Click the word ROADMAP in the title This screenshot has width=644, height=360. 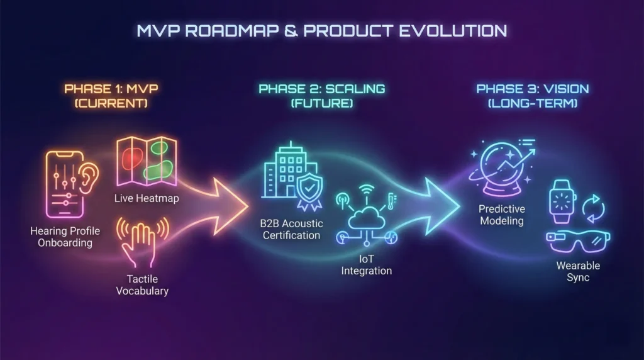tap(231, 31)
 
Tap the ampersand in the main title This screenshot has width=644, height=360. tap(291, 31)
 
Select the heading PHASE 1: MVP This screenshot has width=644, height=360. tap(111, 89)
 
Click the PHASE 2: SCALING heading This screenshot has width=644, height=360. tap(321, 89)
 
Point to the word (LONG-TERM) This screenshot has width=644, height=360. tap(533, 103)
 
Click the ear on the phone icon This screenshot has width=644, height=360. tap(89, 178)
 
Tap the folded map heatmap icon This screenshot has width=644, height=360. tap(147, 161)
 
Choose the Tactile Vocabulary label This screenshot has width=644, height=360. tap(142, 285)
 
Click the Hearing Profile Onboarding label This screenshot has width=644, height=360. tap(65, 237)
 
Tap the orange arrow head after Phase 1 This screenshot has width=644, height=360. tap(230, 206)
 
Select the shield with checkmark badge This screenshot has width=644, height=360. tap(309, 191)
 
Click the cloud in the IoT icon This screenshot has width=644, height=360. tap(367, 218)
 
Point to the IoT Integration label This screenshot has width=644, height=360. tap(367, 265)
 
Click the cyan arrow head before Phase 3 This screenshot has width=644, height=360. tap(442, 206)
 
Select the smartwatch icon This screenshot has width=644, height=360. tap(562, 201)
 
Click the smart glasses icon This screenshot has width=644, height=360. tap(578, 242)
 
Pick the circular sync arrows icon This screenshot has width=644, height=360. tap(593, 209)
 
